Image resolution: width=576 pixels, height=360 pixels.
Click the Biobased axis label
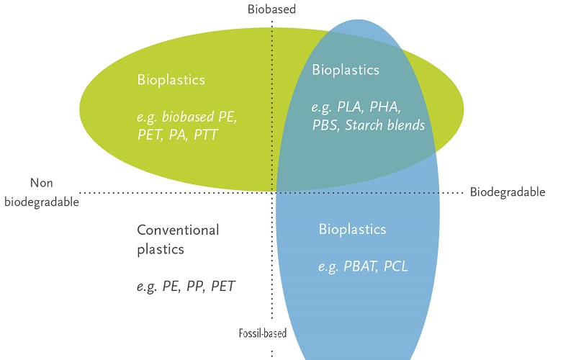(x=271, y=9)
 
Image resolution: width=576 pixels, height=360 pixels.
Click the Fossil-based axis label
(x=262, y=333)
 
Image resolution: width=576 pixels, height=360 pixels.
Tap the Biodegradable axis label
(x=507, y=192)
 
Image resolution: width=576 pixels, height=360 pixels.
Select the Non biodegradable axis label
(x=41, y=192)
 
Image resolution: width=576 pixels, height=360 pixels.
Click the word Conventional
(x=178, y=230)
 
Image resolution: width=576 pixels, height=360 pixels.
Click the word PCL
(x=396, y=266)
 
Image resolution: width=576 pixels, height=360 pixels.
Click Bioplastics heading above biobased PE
(x=171, y=79)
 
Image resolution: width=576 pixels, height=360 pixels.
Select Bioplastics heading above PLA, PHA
(x=345, y=70)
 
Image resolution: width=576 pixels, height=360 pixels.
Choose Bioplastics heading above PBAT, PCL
(x=352, y=230)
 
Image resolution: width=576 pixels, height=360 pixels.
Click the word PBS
(x=324, y=125)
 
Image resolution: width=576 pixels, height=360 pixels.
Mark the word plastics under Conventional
(x=161, y=250)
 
